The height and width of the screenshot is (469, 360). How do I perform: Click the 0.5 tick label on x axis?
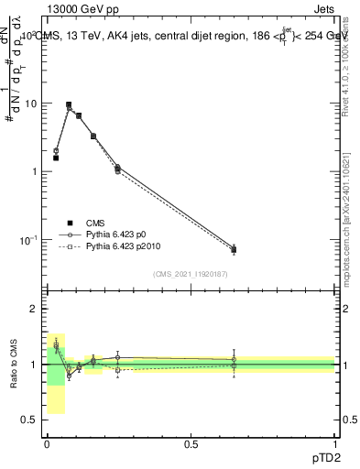coord(191,443)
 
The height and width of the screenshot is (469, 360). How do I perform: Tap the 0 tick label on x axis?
coord(47,443)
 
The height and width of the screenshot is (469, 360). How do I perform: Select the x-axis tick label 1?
coord(334,443)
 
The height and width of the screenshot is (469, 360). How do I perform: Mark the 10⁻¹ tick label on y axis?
coord(29,240)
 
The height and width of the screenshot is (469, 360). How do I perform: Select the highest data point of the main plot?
coord(69,104)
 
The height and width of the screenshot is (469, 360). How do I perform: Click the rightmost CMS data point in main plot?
coord(234,249)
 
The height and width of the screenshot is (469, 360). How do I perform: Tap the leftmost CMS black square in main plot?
coord(56,158)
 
